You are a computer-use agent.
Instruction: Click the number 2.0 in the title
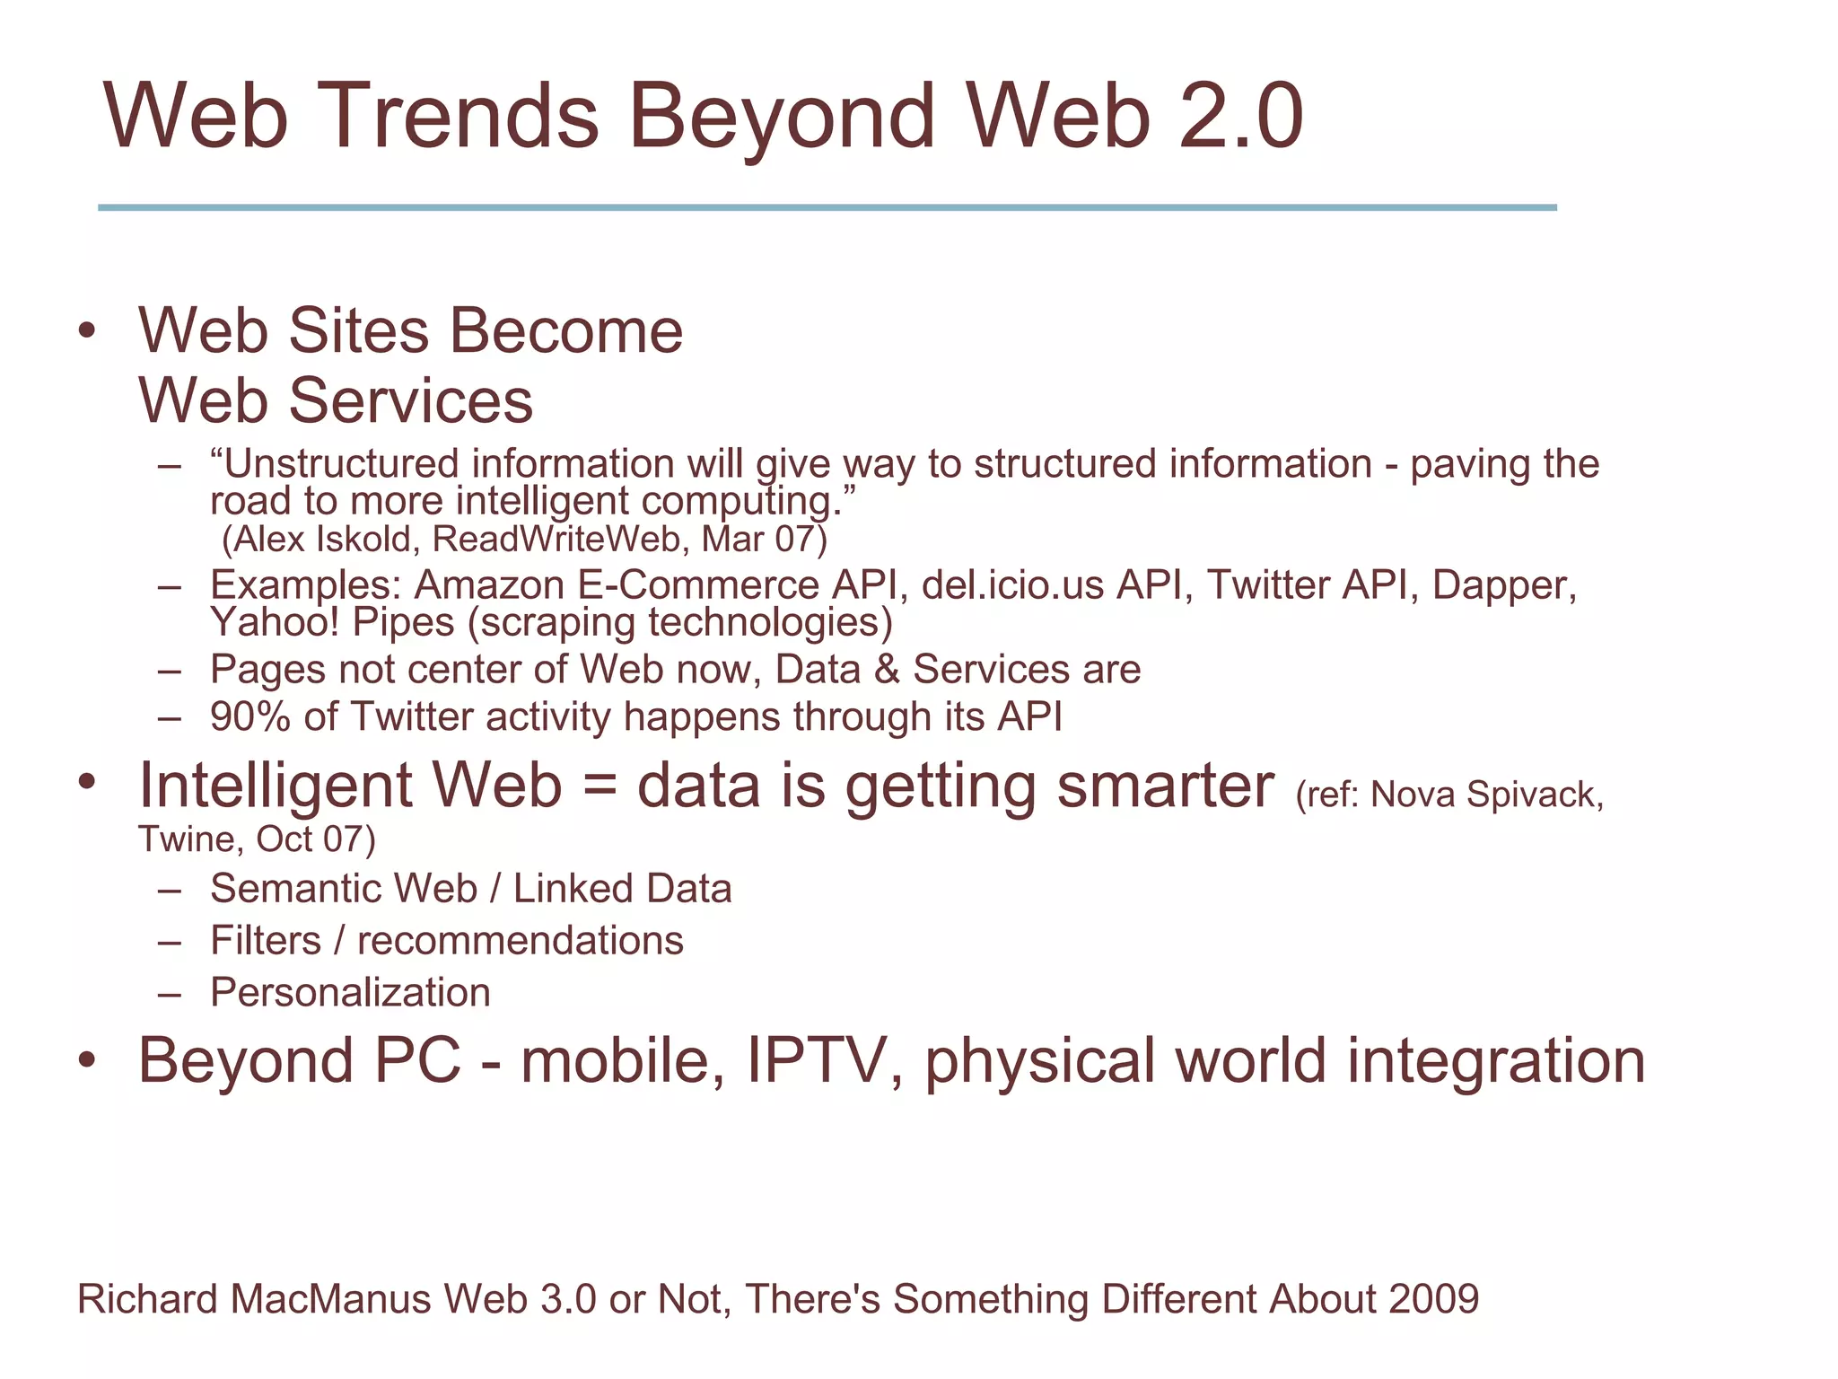coord(1240,117)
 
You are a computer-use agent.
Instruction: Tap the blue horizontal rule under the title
coord(826,207)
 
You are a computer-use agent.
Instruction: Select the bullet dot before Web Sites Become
coord(86,331)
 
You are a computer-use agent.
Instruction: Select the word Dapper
coord(1503,586)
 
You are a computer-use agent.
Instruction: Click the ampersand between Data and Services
coord(887,670)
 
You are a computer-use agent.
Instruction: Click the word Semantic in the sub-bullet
coord(295,890)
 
